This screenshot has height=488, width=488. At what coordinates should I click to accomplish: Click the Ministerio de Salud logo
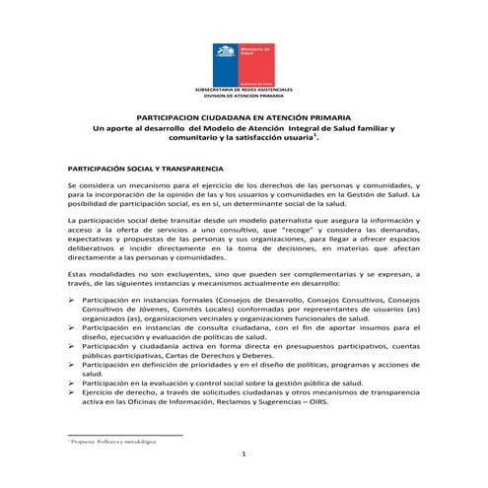coord(244,62)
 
